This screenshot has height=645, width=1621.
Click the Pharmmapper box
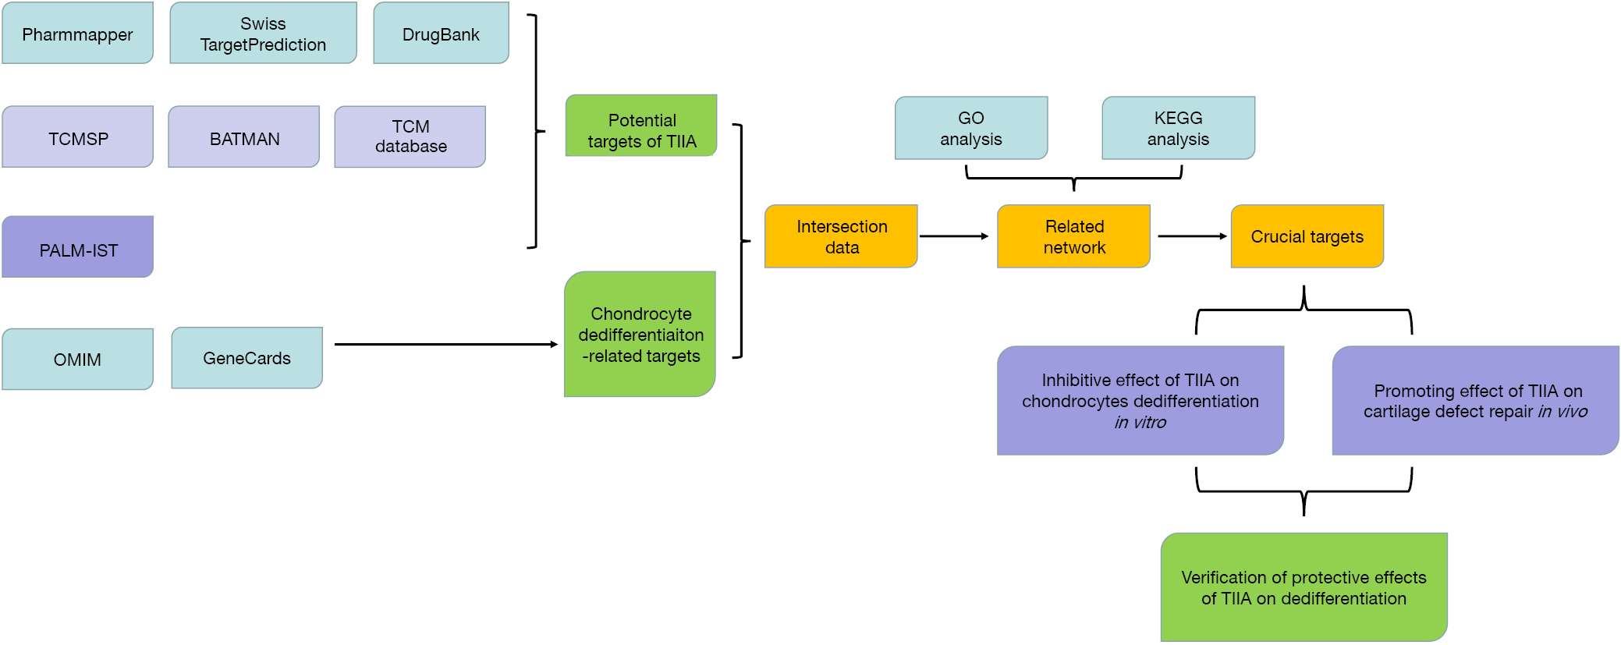[x=77, y=33]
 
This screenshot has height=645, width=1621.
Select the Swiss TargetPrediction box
[x=263, y=33]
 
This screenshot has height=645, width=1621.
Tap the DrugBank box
[x=441, y=33]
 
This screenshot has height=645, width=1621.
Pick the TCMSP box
[x=77, y=136]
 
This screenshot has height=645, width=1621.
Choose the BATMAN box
[x=243, y=136]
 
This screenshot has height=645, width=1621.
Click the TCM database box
[x=410, y=136]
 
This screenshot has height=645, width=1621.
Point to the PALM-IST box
[x=77, y=246]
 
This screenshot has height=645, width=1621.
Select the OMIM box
[x=77, y=359]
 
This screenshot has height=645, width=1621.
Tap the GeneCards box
[x=247, y=358]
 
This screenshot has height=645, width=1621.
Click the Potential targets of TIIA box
[x=641, y=126]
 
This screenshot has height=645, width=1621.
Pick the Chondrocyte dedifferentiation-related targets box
[x=640, y=334]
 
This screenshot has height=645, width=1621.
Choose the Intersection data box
[x=841, y=236]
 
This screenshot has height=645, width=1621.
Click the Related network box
[x=1073, y=236]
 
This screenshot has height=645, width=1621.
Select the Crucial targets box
[x=1307, y=236]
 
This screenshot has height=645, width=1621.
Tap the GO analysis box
[x=971, y=128]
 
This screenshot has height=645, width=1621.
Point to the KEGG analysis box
[x=1179, y=128]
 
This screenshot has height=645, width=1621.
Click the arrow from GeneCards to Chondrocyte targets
[x=446, y=344]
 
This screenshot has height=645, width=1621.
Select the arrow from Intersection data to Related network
[x=954, y=236]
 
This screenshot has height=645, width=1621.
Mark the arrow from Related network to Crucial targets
[x=1193, y=236]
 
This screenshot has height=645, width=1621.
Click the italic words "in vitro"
[x=1140, y=423]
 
